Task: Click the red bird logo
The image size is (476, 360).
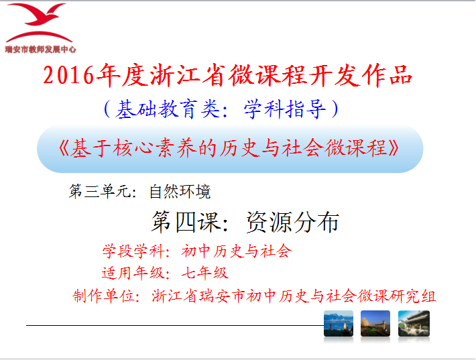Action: (x=39, y=23)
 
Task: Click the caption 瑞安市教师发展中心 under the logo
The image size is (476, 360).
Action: (x=40, y=49)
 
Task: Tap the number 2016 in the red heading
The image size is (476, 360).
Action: (x=68, y=75)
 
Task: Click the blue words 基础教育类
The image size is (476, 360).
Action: (x=168, y=109)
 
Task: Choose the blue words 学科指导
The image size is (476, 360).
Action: (x=285, y=109)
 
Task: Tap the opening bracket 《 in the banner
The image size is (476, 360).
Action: (x=64, y=148)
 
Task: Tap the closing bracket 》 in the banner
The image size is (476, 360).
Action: (x=394, y=148)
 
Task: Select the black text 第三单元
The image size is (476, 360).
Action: (x=100, y=192)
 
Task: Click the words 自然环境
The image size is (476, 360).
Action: (x=180, y=192)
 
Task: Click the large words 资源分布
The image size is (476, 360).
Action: (x=293, y=222)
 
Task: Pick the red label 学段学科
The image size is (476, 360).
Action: (x=133, y=251)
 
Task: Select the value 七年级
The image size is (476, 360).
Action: (x=205, y=273)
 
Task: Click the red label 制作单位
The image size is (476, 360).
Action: (x=103, y=296)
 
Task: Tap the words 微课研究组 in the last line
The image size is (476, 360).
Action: (x=396, y=296)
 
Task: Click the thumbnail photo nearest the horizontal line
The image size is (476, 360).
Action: (x=339, y=324)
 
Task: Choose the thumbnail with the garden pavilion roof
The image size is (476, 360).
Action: (x=414, y=324)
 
